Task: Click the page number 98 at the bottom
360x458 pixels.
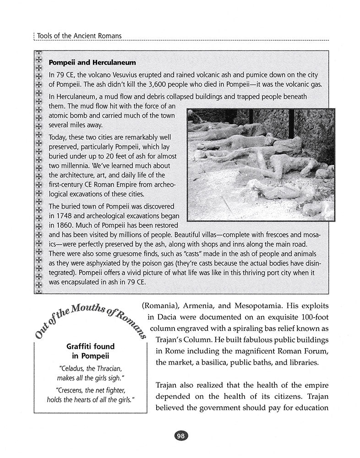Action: [180, 436]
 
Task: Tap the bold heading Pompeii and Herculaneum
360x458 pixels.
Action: [92, 62]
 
